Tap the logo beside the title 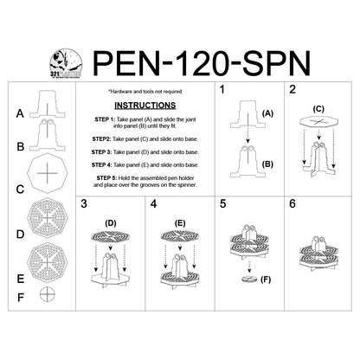pyautogui.click(x=66, y=61)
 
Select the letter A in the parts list pyautogui.click(x=20, y=113)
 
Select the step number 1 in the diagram pyautogui.click(x=223, y=90)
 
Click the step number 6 pyautogui.click(x=293, y=204)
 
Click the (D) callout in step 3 pyautogui.click(x=110, y=223)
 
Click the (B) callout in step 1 pyautogui.click(x=267, y=164)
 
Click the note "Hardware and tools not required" pyautogui.click(x=151, y=90)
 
